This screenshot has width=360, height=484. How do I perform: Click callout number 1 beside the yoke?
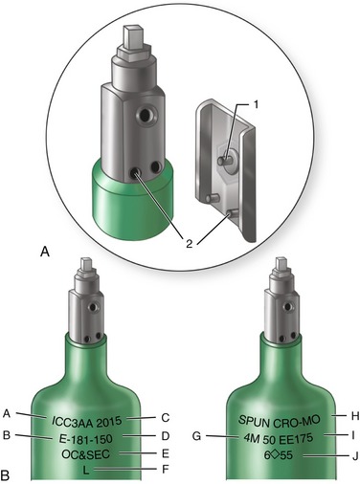click(256, 105)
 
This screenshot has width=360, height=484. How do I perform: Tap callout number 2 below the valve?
click(189, 243)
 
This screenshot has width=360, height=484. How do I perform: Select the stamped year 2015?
click(109, 422)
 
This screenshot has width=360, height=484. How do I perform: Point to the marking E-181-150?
click(86, 439)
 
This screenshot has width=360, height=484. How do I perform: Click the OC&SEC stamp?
click(85, 454)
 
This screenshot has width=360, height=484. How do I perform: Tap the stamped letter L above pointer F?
click(86, 470)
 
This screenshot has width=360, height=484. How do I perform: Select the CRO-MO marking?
click(296, 422)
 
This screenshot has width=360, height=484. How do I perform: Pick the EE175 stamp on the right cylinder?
click(296, 439)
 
